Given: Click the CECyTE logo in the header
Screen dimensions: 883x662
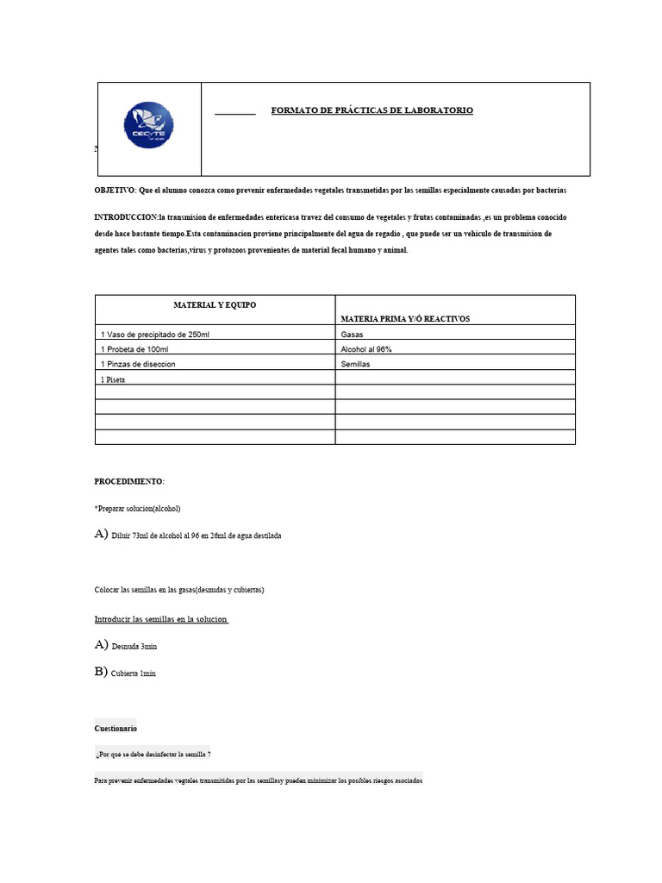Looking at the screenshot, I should pyautogui.click(x=148, y=126).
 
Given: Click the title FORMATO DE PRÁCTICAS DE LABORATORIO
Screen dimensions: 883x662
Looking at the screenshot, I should pyautogui.click(x=372, y=110).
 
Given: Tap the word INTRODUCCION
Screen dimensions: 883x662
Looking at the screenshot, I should pyautogui.click(x=126, y=217).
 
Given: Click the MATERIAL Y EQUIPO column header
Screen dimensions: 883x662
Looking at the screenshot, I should pyautogui.click(x=215, y=305).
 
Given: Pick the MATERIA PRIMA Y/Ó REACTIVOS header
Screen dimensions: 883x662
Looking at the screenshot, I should pyautogui.click(x=405, y=318).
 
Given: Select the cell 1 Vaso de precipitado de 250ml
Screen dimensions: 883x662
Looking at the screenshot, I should pyautogui.click(x=155, y=334).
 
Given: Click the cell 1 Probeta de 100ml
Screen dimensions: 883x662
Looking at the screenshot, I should pyautogui.click(x=134, y=349).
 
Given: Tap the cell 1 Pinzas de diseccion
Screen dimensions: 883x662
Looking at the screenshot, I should pyautogui.click(x=138, y=364).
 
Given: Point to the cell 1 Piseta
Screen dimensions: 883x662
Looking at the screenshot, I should pyautogui.click(x=113, y=379).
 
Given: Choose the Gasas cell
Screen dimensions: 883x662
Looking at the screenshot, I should pyautogui.click(x=353, y=334).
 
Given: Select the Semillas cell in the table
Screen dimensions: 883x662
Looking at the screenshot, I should pyautogui.click(x=357, y=364).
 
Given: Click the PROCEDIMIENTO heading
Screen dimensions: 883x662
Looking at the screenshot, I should pyautogui.click(x=128, y=481).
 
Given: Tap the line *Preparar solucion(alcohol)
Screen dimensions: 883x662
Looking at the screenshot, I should pyautogui.click(x=137, y=509).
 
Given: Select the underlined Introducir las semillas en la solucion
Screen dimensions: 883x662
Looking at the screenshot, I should pyautogui.click(x=160, y=619).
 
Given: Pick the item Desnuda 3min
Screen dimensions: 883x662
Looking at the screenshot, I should pyautogui.click(x=134, y=646).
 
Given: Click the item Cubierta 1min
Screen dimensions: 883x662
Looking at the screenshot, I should pyautogui.click(x=134, y=673).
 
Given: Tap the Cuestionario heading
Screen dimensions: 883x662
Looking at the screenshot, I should pyautogui.click(x=115, y=729).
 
